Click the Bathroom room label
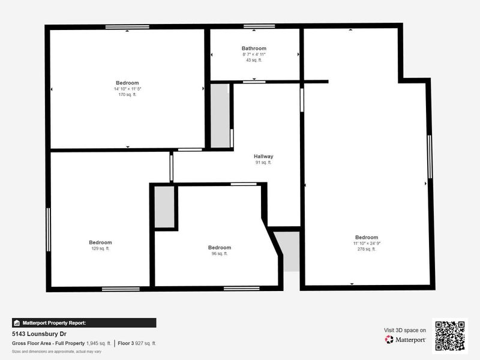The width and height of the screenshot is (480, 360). pos(254,48)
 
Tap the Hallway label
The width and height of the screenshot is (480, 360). pos(263,157)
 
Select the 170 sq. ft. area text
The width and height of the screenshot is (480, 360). pos(127,95)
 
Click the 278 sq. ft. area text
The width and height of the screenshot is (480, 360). pos(366,249)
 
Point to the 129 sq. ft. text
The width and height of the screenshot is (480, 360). pos(100,248)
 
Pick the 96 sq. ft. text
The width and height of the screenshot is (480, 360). pos(219,254)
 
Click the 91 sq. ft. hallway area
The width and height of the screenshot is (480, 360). pos(263,163)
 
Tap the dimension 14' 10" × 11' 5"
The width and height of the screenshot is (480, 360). pos(127,89)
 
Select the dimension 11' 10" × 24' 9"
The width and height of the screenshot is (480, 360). pos(366,243)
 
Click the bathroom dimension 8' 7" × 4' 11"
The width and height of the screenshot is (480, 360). pos(254,54)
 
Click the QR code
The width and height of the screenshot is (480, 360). pos(450,336)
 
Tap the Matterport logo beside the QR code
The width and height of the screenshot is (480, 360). pos(406,340)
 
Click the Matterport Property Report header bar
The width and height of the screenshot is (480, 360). pos(84,323)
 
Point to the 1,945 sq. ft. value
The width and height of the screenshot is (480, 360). pos(98,343)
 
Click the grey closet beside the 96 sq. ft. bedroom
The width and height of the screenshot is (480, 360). pos(164,207)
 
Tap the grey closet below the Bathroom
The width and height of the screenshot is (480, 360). pos(220,115)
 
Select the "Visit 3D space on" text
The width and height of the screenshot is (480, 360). pos(405,330)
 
